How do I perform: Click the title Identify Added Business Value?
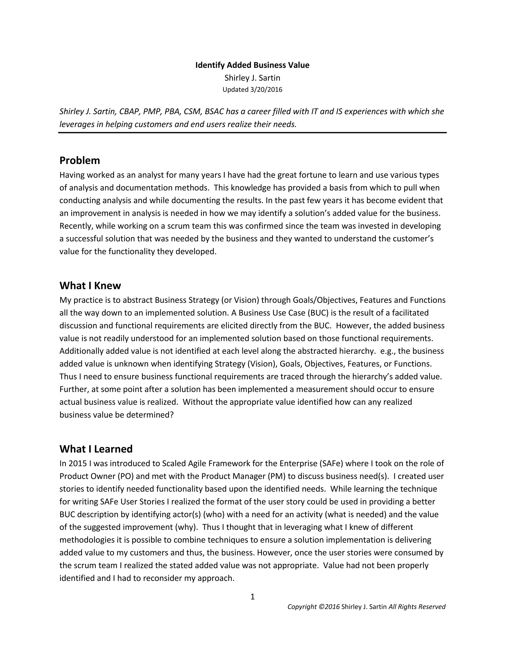click(x=252, y=65)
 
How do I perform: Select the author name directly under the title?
click(x=252, y=78)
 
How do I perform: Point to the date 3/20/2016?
click(x=266, y=90)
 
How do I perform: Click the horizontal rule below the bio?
click(x=252, y=133)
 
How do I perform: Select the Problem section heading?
click(x=80, y=161)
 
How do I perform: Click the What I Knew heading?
click(x=90, y=286)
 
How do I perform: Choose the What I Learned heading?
click(x=96, y=449)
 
